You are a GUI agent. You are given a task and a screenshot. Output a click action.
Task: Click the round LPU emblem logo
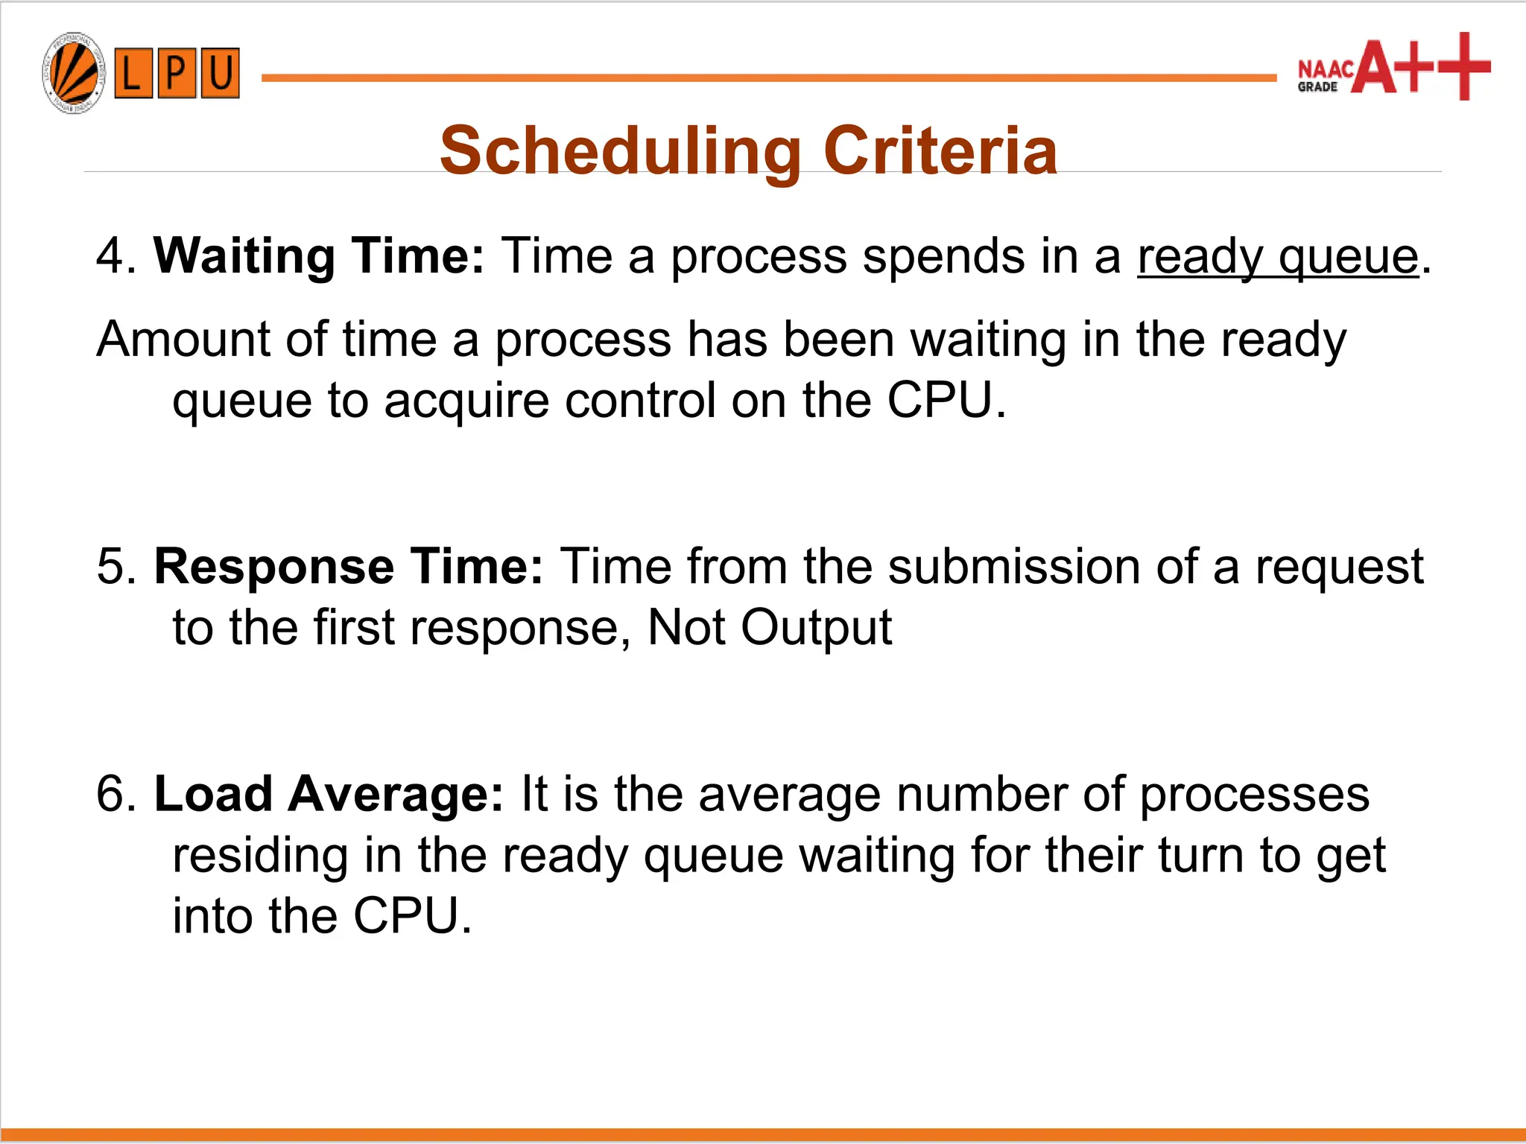coord(73,73)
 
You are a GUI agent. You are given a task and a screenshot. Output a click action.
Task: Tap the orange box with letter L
coord(133,73)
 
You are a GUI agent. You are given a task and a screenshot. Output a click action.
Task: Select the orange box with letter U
coord(220,73)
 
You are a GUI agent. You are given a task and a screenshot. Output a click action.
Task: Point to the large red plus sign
coord(1463,66)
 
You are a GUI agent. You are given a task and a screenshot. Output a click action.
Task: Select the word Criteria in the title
coord(940,151)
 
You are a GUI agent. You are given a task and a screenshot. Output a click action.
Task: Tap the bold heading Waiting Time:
coord(319,256)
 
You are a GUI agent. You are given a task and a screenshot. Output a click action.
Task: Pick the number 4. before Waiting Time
coord(115,256)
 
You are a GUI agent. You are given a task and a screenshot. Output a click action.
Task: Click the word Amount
coord(183,340)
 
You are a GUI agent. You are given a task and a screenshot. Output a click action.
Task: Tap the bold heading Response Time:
coord(349,567)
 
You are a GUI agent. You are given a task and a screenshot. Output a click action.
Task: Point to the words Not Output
coord(769,628)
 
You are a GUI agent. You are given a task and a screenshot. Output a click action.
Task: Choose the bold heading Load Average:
coord(329,794)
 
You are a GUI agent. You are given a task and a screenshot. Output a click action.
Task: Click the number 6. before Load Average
coord(115,794)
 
